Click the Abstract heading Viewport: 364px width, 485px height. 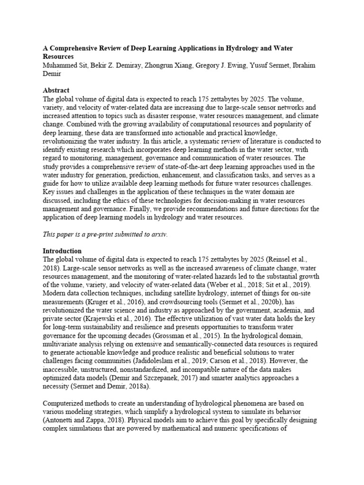tap(56, 90)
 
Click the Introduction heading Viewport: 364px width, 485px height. tap(62, 251)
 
